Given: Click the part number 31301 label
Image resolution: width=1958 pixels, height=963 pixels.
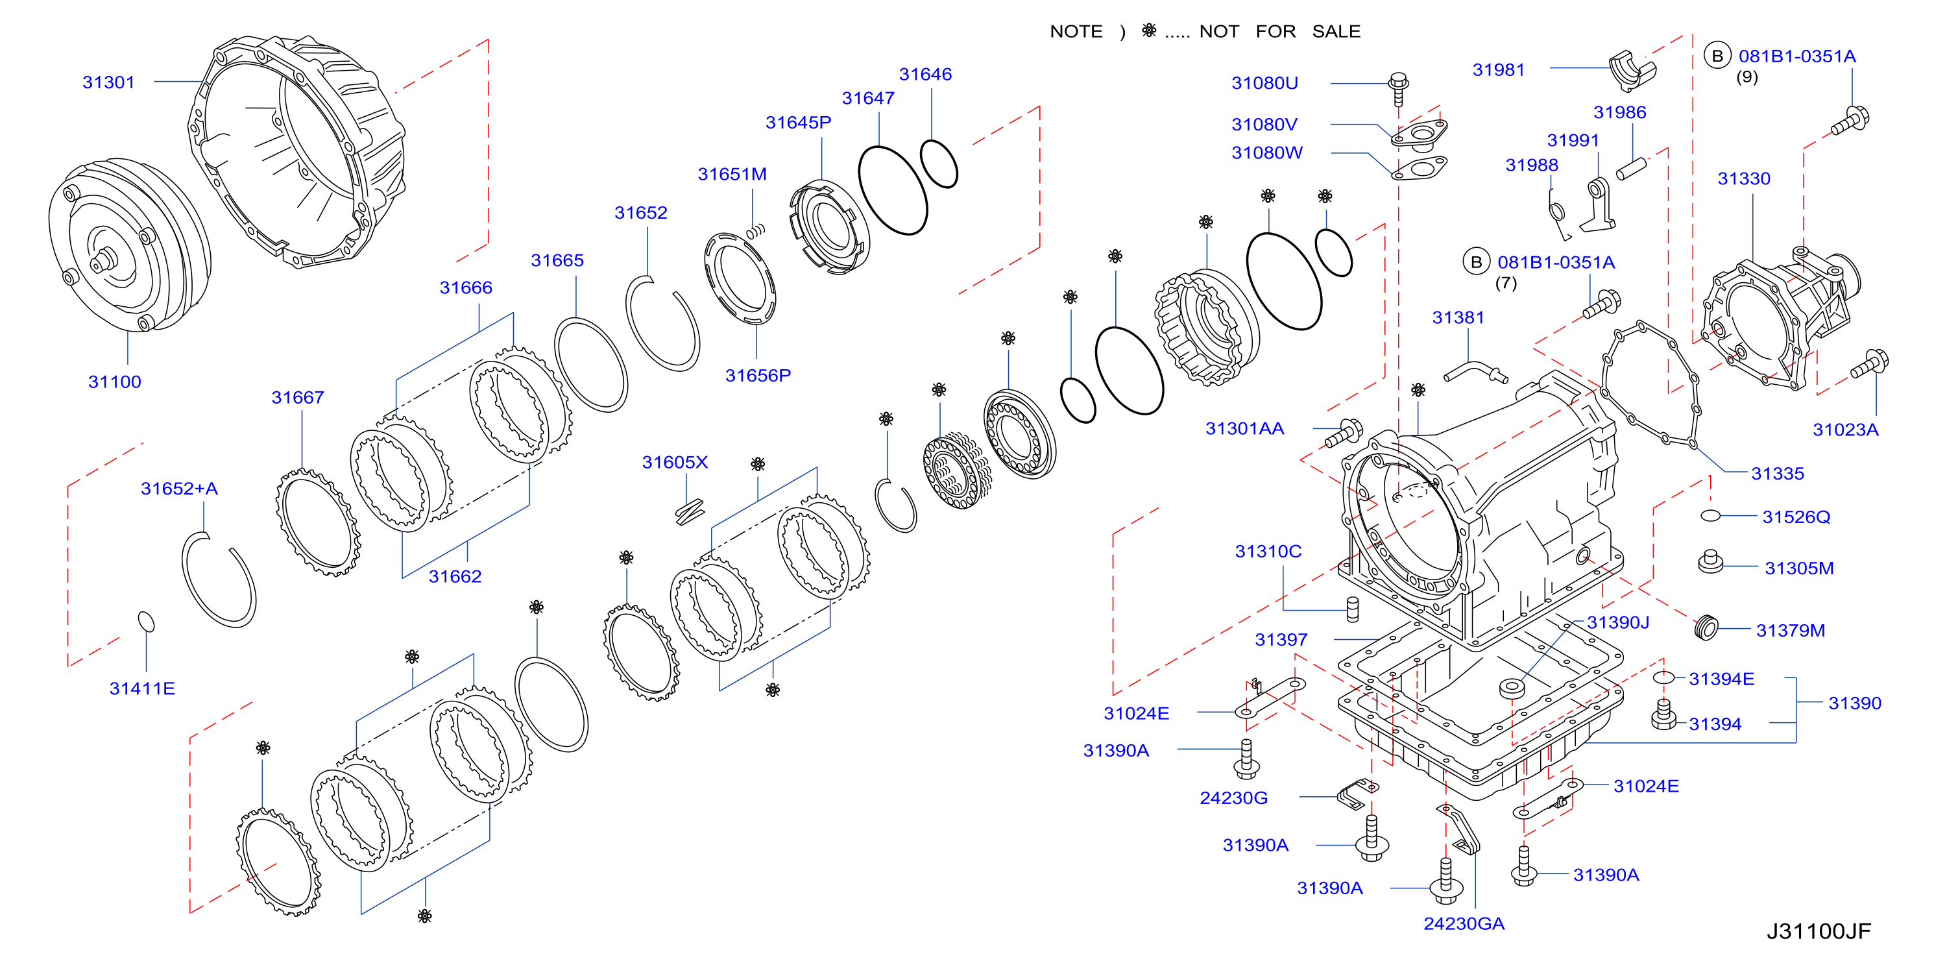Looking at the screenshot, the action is point(109,82).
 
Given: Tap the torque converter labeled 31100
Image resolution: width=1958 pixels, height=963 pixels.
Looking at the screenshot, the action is point(129,245).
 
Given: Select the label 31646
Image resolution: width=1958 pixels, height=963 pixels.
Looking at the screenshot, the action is point(925,75).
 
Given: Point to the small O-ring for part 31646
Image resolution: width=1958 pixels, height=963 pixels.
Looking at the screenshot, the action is point(939,163).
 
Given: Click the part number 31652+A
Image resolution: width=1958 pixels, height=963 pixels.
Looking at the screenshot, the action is point(179,489).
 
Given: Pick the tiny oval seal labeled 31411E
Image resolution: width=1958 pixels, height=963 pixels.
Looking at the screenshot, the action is point(146,622).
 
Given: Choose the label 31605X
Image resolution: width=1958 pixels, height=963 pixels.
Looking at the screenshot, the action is point(675,462).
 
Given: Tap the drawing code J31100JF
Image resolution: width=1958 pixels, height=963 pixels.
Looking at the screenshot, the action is point(1818,931).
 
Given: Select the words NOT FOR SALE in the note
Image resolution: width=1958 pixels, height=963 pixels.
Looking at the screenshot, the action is point(1280,32).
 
